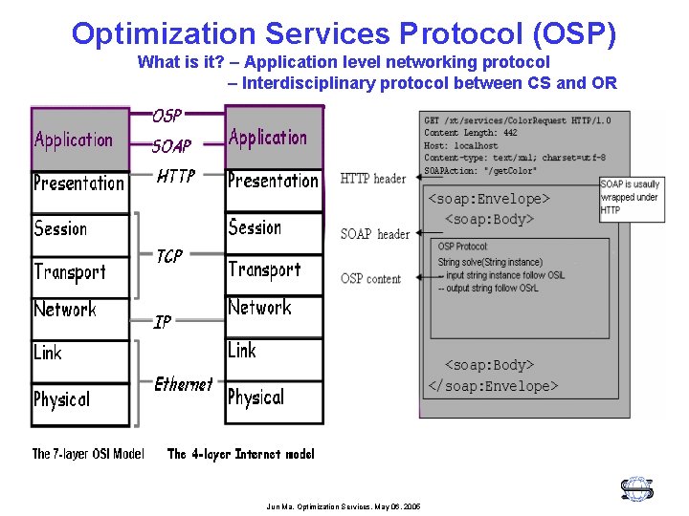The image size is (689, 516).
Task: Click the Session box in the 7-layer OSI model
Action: coord(79,232)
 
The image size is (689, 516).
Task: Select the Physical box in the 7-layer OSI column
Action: coord(79,402)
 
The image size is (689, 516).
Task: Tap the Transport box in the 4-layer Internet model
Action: coord(274,271)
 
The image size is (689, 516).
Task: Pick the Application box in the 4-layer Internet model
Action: coord(274,139)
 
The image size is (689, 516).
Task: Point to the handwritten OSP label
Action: coord(167,116)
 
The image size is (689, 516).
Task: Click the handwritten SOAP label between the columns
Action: coord(171,146)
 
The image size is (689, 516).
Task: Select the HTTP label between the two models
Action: coord(175,176)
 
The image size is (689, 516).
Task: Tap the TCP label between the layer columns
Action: coord(169,256)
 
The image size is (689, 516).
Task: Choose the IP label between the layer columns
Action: coord(163,322)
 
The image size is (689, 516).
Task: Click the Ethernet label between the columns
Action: coord(183,384)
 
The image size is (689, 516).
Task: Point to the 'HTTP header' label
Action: coord(373,179)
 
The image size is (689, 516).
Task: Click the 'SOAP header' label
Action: coord(375,234)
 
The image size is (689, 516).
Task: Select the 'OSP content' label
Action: coord(371,279)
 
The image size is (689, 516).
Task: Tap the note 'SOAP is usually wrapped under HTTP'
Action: coord(630,197)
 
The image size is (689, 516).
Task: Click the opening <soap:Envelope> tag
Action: coord(488,200)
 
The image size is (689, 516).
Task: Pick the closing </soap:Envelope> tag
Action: coord(492,386)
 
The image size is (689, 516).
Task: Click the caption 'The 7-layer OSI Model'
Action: coord(88,454)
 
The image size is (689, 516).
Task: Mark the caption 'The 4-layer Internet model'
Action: coord(240,454)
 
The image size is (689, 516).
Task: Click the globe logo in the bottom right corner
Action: coord(636,489)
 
